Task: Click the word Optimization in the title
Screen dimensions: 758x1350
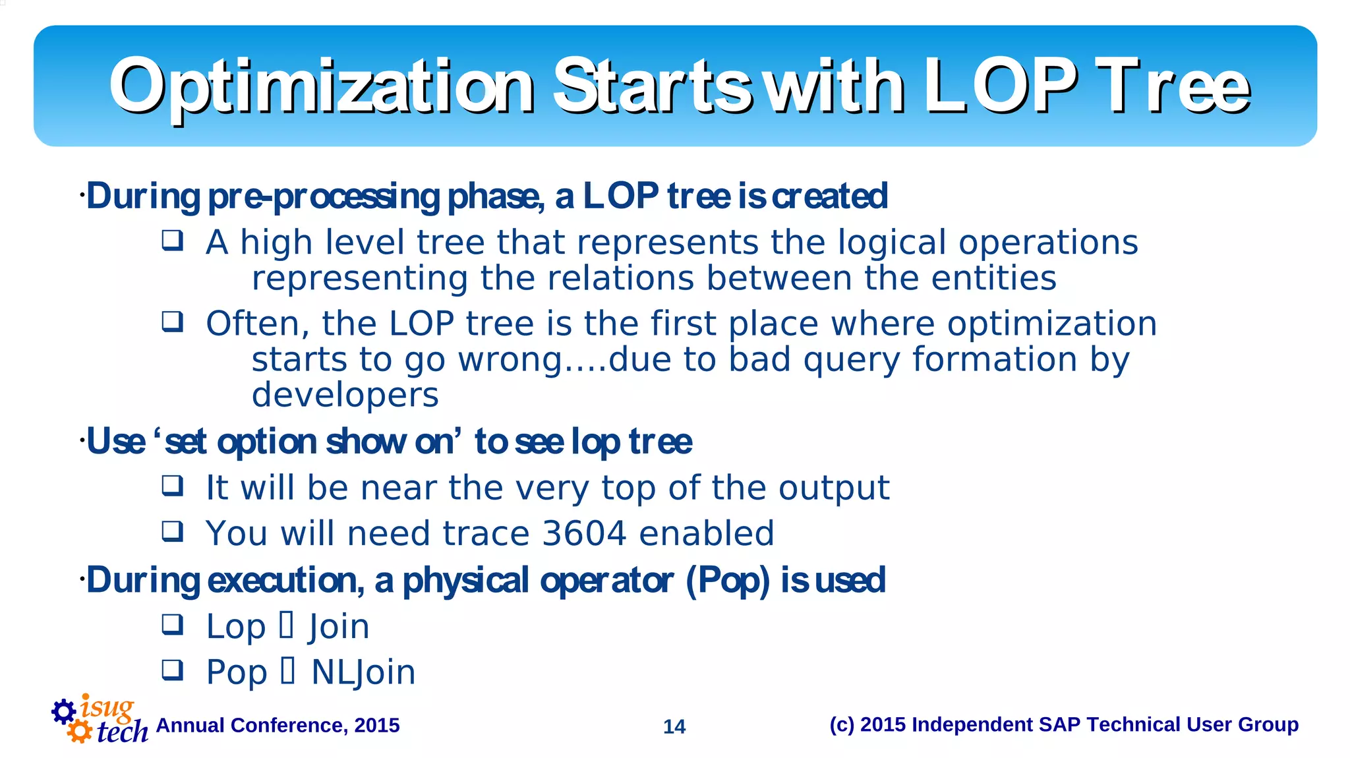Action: coord(322,86)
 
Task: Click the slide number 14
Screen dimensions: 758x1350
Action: coord(674,726)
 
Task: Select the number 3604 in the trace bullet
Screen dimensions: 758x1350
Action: coord(583,533)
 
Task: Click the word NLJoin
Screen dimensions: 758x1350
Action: coord(363,672)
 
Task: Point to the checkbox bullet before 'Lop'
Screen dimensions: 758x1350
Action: coord(173,624)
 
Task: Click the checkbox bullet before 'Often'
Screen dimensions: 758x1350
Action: coord(173,322)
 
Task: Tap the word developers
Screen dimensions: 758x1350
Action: coord(345,395)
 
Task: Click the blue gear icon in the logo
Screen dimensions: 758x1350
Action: coord(64,711)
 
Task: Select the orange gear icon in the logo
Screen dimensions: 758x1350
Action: coord(80,731)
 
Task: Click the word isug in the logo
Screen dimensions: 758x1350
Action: coord(107,707)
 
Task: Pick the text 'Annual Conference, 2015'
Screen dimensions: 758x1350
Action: coord(278,725)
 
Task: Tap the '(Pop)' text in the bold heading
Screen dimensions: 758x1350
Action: coord(728,581)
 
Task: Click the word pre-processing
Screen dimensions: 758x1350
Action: coord(324,196)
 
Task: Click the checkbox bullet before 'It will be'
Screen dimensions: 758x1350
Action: coord(173,486)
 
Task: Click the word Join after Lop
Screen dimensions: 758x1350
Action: coord(339,627)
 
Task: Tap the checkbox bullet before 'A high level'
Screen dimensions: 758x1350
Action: coord(173,240)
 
